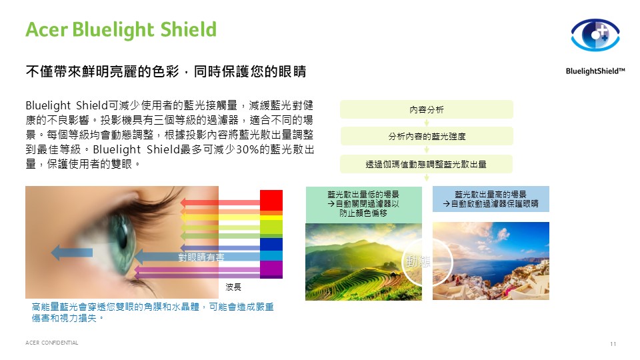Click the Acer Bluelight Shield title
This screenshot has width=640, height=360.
pos(121,30)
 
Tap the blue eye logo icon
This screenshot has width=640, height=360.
pos(595,35)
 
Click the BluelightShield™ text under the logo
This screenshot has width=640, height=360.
pos(595,71)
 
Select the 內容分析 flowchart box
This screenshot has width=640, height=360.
pos(427,109)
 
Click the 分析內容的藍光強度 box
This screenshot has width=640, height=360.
pos(427,136)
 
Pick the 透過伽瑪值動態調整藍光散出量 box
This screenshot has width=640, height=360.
pos(426,164)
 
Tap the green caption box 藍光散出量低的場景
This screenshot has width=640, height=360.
pos(364,204)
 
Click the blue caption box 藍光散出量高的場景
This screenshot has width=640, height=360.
pos(491,199)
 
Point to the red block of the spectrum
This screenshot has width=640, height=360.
pos(271,200)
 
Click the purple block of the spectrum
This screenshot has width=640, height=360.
pos(271,269)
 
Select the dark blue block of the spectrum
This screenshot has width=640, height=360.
pos(271,244)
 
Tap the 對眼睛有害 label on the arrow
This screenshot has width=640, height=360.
pos(201,257)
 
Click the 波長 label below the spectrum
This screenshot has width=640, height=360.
pos(233,287)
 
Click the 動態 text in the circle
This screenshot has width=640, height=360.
pos(417,261)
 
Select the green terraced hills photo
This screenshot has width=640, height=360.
pos(364,261)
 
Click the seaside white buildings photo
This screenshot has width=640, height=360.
pos(491,261)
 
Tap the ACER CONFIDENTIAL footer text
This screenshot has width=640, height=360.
pos(51,343)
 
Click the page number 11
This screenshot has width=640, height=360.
pos(613,344)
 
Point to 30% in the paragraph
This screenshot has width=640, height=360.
pos(247,149)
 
